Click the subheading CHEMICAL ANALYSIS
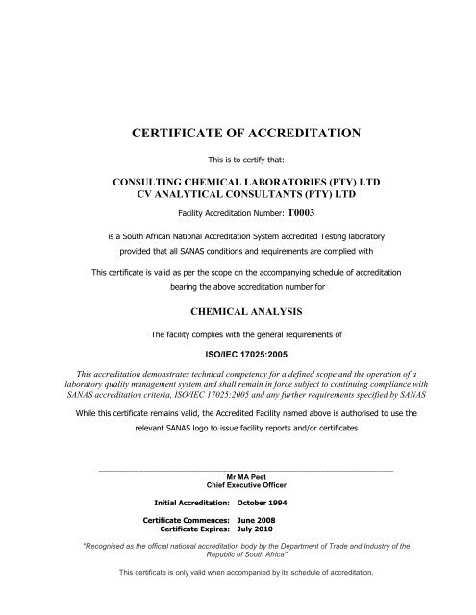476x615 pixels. [x=238, y=311]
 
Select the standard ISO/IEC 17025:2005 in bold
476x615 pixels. [x=238, y=353]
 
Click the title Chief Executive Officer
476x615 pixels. [x=238, y=484]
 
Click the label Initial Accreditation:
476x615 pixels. [x=191, y=503]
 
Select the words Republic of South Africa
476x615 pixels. [x=238, y=553]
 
